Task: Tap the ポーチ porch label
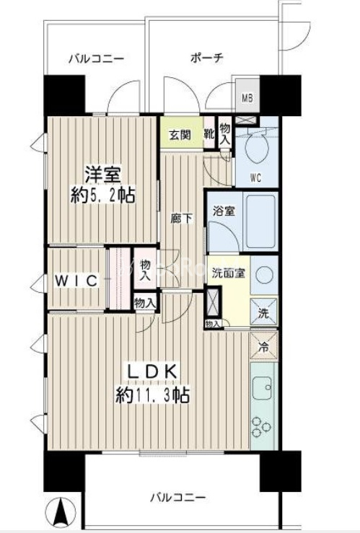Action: tap(207, 57)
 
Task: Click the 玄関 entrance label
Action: tap(180, 134)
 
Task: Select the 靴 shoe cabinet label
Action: tap(208, 134)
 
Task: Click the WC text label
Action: tap(256, 177)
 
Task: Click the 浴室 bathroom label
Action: tap(222, 211)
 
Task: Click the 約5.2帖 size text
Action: tap(102, 195)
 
